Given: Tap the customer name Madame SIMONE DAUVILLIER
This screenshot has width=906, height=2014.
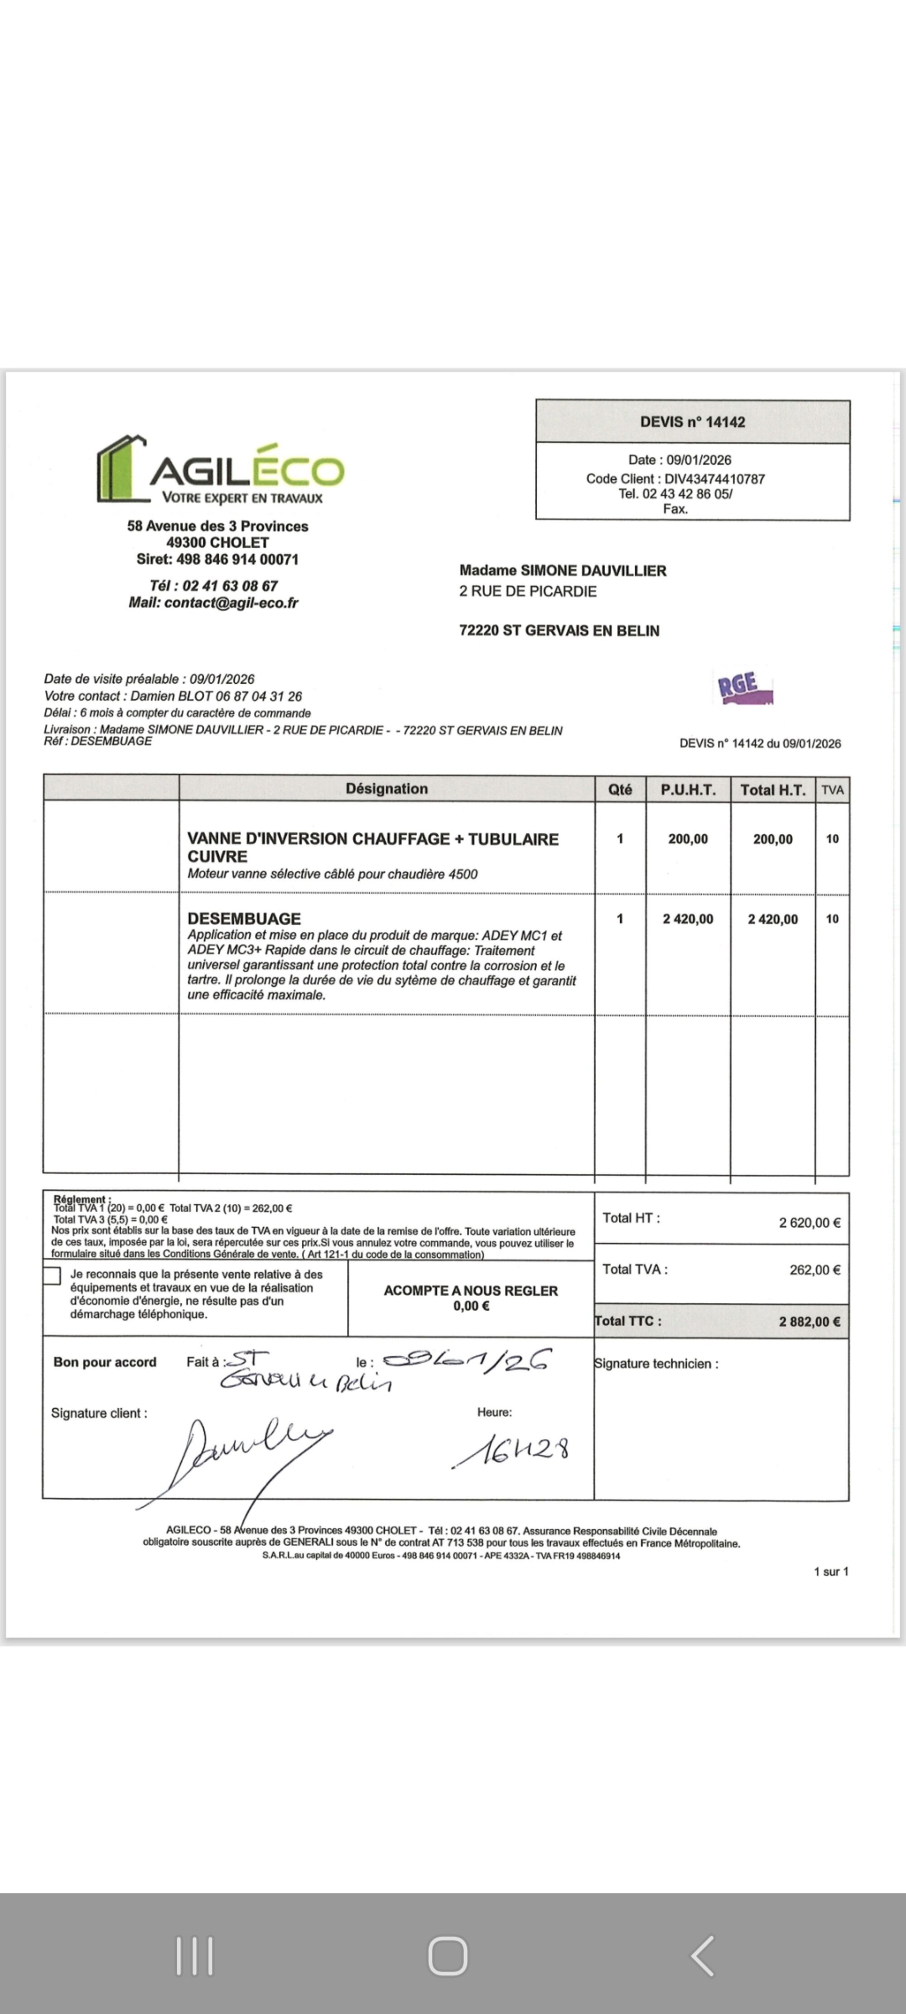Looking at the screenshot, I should click(x=563, y=571).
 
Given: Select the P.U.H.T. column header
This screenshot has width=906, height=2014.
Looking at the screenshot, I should click(x=688, y=789).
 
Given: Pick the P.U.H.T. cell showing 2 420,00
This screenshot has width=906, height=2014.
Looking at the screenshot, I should click(x=688, y=919).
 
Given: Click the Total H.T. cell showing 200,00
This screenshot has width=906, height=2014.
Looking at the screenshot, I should click(x=772, y=839).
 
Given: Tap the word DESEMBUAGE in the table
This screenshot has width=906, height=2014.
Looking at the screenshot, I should click(x=244, y=919).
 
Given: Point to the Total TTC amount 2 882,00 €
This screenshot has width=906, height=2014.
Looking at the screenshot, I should click(x=809, y=1322).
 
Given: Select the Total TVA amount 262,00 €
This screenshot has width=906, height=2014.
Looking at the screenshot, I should click(x=814, y=1270).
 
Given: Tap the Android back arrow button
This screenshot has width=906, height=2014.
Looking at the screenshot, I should click(x=702, y=1956).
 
